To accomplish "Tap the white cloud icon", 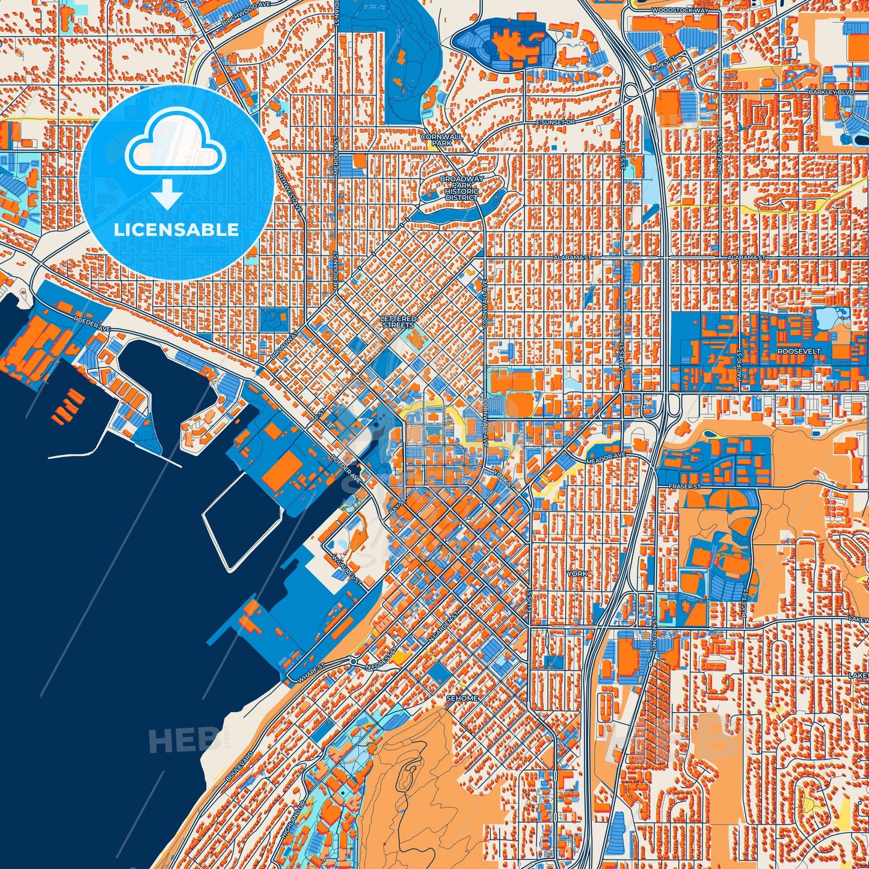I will click(x=176, y=145).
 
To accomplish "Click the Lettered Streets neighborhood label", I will click(x=398, y=322).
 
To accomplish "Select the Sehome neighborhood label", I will click(x=462, y=698).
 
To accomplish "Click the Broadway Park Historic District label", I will click(x=461, y=188).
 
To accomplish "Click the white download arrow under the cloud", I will click(x=168, y=195).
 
